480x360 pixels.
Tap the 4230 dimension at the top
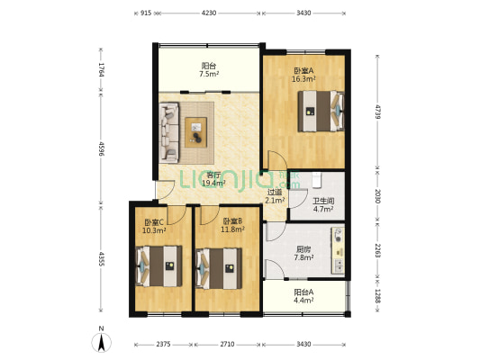point(209,13)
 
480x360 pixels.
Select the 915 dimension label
point(146,13)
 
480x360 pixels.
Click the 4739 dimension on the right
point(378,112)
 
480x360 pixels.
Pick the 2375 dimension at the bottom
point(163,344)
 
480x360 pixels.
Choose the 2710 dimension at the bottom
point(227,344)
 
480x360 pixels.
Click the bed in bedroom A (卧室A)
point(322,111)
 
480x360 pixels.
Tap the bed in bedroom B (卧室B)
point(219,268)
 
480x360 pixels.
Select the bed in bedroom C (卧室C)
point(158,266)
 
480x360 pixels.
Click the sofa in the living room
point(169,132)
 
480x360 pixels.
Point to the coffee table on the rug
point(196,132)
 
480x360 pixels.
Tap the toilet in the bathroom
point(316,180)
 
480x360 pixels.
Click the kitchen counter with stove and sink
point(338,250)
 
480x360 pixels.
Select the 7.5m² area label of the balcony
point(209,74)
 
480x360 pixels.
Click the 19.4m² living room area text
point(214,183)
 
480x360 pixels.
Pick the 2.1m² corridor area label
point(275,201)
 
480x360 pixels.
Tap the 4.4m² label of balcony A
point(303,300)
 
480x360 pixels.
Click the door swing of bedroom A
point(277,160)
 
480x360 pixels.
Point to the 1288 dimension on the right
point(378,296)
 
